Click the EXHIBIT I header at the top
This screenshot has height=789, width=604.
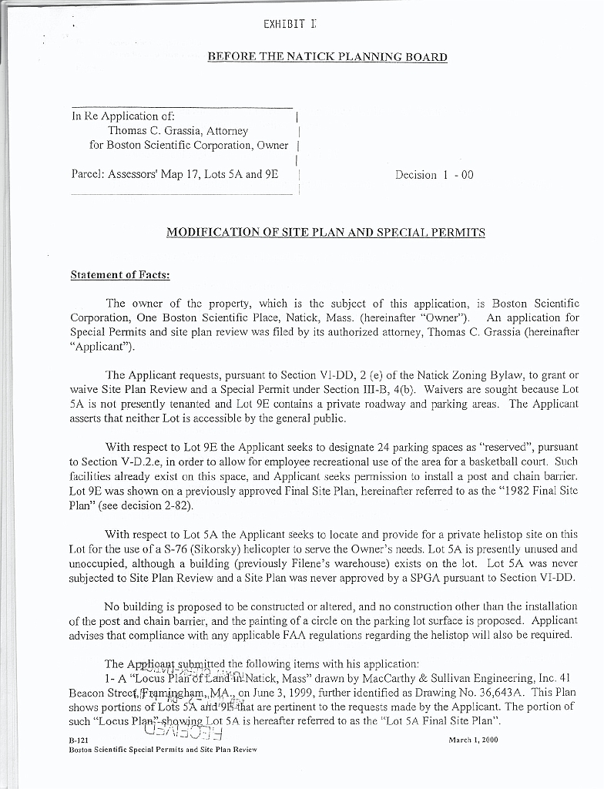[290, 24]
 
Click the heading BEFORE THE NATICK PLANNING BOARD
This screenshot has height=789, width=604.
[327, 57]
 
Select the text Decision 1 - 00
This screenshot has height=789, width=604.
[434, 175]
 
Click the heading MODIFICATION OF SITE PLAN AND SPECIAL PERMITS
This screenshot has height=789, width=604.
[325, 232]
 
